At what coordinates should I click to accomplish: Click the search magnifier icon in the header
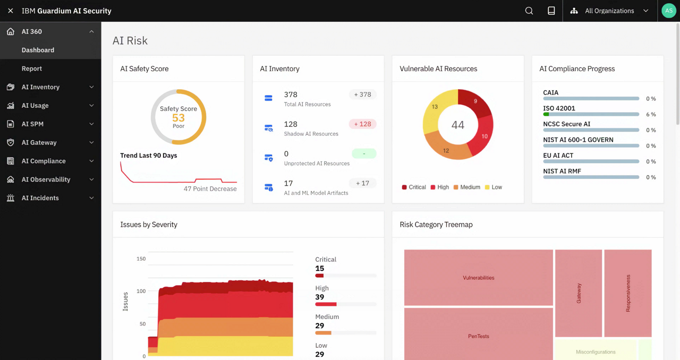point(529,11)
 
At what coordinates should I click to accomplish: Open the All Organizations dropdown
point(610,11)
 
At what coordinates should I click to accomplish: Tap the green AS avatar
point(669,11)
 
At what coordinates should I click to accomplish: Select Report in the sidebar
point(32,68)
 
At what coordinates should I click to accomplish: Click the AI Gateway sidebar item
point(39,142)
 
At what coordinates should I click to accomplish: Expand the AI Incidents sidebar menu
point(91,198)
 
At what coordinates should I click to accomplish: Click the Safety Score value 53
point(178,118)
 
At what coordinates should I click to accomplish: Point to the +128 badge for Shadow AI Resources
point(363,124)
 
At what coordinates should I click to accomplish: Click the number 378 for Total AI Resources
point(291,95)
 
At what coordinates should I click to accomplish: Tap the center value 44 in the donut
point(457,125)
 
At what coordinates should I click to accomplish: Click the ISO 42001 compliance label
point(559,108)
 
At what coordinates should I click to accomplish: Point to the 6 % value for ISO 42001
point(650,115)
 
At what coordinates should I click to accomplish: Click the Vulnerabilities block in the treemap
point(478,278)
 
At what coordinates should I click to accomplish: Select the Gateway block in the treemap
point(579,293)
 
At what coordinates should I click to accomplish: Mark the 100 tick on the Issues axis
point(141,292)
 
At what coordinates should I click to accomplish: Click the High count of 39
point(320,297)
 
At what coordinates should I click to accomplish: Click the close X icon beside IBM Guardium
point(11,11)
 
